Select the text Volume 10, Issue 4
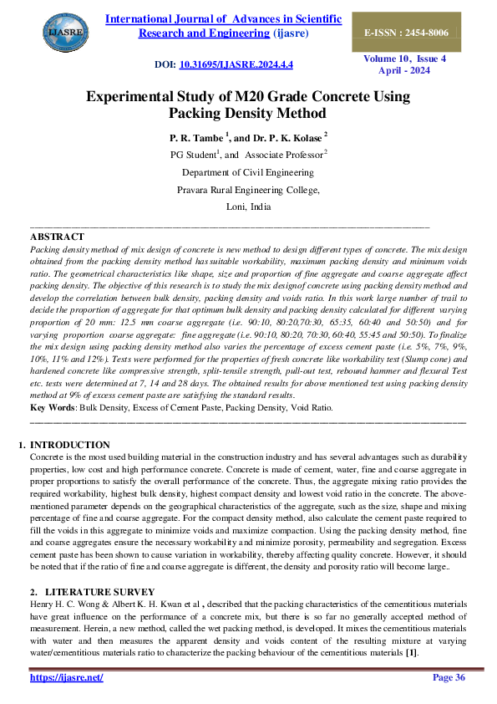[x=404, y=59]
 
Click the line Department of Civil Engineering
[x=248, y=172]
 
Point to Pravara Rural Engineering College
[x=248, y=190]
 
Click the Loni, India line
[x=248, y=207]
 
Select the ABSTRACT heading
[x=57, y=237]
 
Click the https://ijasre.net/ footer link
[x=66, y=677]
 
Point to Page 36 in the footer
[x=449, y=677]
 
